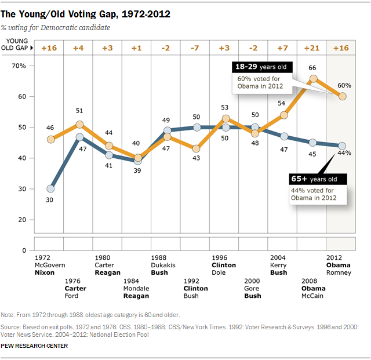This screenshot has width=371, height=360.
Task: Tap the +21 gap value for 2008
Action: [313, 48]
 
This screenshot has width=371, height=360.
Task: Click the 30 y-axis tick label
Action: [22, 189]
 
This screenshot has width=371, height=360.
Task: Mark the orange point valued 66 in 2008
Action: [313, 78]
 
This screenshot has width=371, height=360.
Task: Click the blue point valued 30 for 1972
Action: [51, 188]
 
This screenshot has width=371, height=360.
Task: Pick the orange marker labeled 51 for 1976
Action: [79, 124]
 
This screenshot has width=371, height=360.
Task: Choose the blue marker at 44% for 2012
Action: [342, 146]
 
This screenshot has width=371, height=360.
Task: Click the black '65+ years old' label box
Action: [314, 179]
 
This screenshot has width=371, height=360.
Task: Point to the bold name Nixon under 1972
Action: [45, 272]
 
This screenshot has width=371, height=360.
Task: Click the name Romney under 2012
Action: [339, 272]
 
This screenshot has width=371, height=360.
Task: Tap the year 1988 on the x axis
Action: [159, 257]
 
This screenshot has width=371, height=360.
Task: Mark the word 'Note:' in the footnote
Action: [10, 314]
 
